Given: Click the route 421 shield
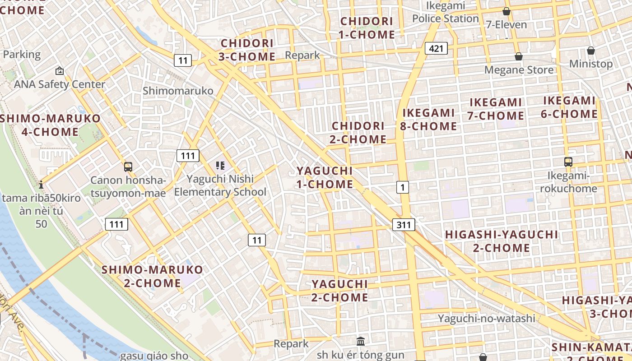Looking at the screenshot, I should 436,48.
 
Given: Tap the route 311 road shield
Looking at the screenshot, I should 403,224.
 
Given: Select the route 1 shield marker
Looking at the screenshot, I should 403,187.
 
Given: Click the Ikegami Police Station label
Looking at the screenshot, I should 445,12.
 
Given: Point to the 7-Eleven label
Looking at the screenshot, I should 506,24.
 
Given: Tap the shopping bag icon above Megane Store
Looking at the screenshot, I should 519,56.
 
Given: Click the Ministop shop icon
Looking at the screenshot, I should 590,51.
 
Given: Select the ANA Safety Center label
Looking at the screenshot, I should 59,84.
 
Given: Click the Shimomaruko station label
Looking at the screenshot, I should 178,91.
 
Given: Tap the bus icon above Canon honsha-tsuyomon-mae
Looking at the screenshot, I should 128,167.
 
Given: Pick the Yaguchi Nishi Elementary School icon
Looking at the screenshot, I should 220,166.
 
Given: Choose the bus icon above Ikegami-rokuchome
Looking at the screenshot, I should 568,162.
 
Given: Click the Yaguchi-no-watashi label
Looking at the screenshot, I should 486,319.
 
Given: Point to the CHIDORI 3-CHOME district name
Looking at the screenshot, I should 247,50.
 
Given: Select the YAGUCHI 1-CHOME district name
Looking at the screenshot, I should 325,177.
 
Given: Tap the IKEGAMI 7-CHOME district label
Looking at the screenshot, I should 495,109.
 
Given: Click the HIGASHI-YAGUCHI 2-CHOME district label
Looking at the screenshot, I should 502,241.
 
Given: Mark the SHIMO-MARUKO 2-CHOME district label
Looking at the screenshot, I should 152,276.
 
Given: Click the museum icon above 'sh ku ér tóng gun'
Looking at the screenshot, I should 360,341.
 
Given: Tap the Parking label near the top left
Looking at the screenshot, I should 22,55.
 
